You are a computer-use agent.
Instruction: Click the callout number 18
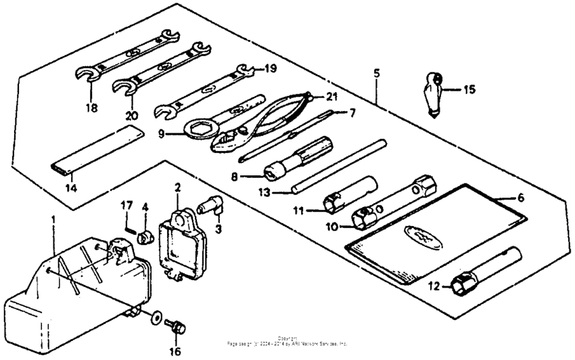click(91, 108)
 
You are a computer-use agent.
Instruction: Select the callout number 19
click(270, 68)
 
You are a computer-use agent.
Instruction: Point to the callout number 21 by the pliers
click(330, 97)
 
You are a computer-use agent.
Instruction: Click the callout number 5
click(376, 72)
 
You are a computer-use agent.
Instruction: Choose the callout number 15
click(469, 89)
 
